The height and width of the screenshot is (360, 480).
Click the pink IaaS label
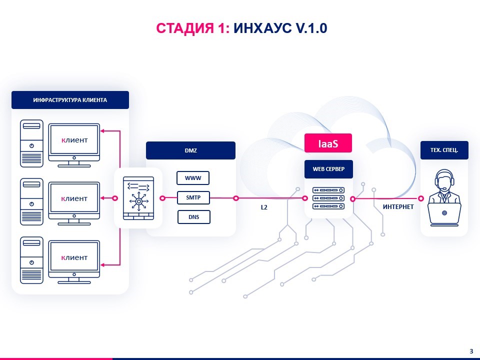pos(328,143)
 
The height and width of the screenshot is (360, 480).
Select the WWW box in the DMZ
pos(193,178)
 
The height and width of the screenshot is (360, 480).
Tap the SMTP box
pos(193,198)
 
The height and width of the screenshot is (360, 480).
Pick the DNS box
pos(194,217)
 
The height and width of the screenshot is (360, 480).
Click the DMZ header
pos(190,150)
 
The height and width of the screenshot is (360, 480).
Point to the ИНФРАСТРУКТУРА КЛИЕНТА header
pos(70,100)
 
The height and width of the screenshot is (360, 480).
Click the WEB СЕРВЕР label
pos(328,169)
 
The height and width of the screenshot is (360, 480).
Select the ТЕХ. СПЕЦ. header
pos(444,150)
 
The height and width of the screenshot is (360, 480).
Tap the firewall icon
pos(138,198)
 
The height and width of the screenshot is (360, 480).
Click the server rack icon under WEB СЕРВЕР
pos(328,198)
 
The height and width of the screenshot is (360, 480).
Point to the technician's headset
pos(444,179)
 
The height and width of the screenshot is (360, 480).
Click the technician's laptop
pos(444,214)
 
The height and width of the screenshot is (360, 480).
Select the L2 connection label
pos(264,207)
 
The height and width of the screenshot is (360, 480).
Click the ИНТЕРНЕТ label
pos(398,207)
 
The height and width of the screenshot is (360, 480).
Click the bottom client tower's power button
pos(31,262)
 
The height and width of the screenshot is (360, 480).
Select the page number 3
pos(471,351)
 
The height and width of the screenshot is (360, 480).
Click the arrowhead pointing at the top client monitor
pos(102,131)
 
